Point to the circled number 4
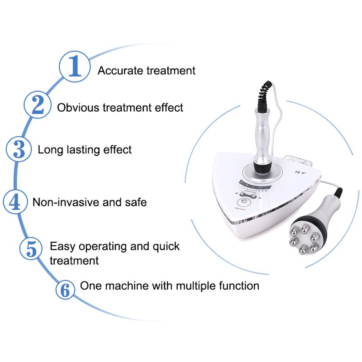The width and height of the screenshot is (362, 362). pyautogui.click(x=15, y=201)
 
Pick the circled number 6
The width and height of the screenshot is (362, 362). pyautogui.click(x=66, y=290)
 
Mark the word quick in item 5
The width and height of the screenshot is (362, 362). pyautogui.click(x=166, y=247)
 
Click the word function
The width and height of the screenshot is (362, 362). pyautogui.click(x=237, y=286)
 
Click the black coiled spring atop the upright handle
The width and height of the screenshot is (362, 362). pyautogui.click(x=264, y=95)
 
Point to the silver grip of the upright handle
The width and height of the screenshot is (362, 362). pyautogui.click(x=263, y=133)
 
